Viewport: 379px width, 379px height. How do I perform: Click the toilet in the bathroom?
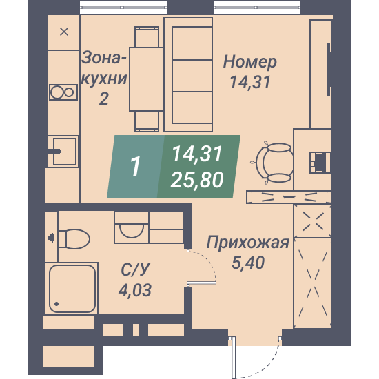[x=74, y=239]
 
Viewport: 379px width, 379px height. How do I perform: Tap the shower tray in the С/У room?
[x=72, y=289]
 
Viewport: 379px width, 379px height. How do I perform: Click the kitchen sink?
[x=65, y=152]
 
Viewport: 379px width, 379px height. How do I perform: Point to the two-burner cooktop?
[x=63, y=92]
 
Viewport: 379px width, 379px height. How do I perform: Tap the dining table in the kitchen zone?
[x=147, y=79]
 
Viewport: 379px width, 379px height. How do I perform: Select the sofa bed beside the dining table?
[x=188, y=74]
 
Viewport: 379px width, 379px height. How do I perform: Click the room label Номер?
[x=250, y=62]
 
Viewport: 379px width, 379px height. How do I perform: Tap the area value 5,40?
[x=248, y=263]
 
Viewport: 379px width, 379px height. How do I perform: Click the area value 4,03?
[x=135, y=290]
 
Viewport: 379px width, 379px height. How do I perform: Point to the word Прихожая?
[x=248, y=243]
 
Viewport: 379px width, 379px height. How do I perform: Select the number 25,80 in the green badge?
[x=197, y=180]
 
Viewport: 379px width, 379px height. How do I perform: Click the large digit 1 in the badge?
[x=135, y=166]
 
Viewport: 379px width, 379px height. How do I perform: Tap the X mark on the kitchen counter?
[x=64, y=32]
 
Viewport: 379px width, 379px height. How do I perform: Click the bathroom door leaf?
[x=201, y=283]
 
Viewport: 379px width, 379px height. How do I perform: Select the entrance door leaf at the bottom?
[x=233, y=358]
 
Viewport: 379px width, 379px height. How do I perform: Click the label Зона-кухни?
[x=104, y=68]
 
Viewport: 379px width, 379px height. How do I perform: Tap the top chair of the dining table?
[x=147, y=37]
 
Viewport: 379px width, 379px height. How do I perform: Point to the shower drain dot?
[x=57, y=304]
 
